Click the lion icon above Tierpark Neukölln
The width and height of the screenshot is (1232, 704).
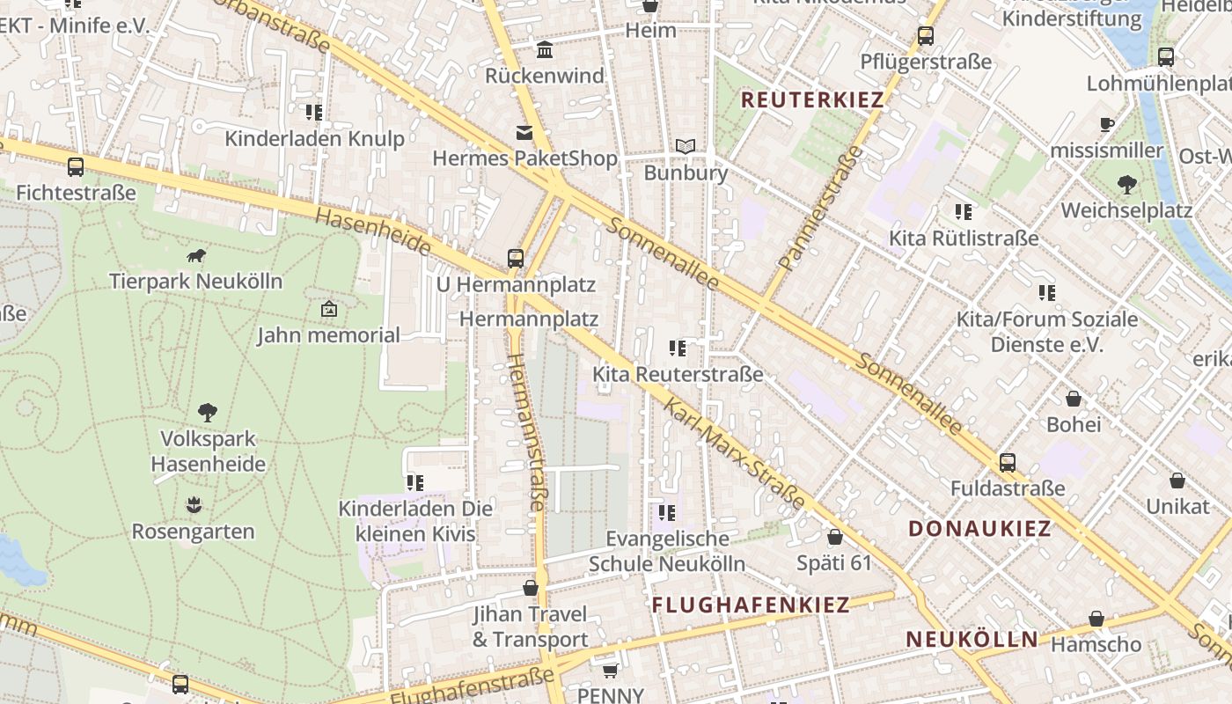[x=196, y=256]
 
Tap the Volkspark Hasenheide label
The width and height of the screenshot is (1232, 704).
[x=208, y=451]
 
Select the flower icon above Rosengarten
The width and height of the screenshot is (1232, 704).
[x=194, y=505]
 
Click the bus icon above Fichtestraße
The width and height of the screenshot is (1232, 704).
[x=76, y=166]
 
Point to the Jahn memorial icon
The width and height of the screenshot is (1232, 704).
[x=328, y=309]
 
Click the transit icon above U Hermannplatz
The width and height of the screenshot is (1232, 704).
[x=516, y=259]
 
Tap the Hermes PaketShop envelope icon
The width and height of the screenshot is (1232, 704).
[x=524, y=133]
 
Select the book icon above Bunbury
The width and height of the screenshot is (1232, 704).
[x=686, y=146]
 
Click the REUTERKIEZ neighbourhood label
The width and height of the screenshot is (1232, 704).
[x=811, y=99]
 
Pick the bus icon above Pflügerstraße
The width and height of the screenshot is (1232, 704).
[x=926, y=36]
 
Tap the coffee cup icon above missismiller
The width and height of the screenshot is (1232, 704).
[x=1107, y=125]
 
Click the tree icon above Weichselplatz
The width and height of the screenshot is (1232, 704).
[x=1126, y=185]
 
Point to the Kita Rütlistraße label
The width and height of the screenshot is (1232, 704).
[x=963, y=238]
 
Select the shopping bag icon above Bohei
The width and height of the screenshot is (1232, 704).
[x=1073, y=399]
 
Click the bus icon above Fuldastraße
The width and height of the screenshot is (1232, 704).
[x=1008, y=462]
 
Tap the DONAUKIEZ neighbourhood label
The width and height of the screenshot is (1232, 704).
[x=979, y=529]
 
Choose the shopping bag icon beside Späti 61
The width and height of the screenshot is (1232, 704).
[x=834, y=537]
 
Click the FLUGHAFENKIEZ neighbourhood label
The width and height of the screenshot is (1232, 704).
[x=751, y=605]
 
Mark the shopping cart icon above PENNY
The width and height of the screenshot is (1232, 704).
[x=610, y=671]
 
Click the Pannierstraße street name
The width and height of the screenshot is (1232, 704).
[x=822, y=208]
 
